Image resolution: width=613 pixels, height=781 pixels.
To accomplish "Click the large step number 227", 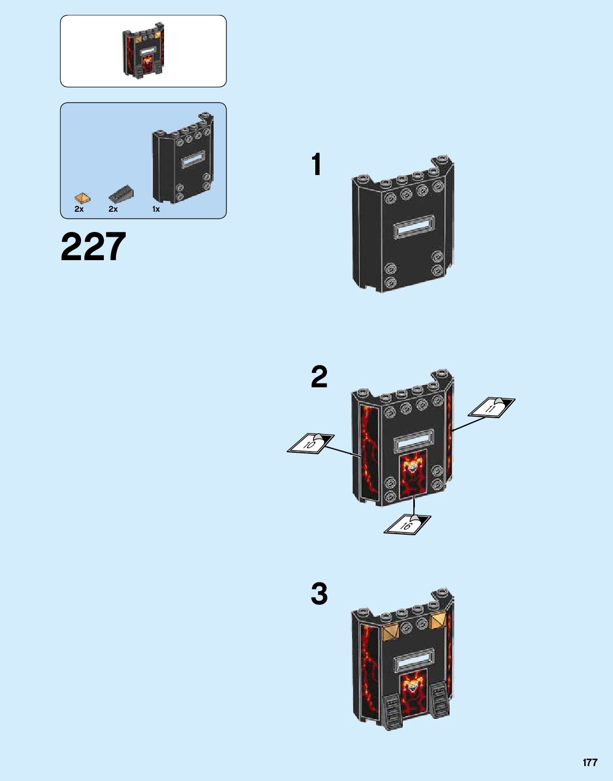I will (x=93, y=247).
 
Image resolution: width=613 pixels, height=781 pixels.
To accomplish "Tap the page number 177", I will (x=590, y=762).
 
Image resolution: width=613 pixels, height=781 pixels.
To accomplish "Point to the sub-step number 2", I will (x=319, y=377).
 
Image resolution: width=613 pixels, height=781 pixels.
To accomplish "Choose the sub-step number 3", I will (x=319, y=594).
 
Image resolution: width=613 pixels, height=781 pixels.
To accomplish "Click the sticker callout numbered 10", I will (x=310, y=443).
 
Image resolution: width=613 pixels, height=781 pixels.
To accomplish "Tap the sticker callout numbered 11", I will (x=491, y=408).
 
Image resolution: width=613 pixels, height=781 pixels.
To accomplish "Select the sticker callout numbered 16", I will (x=407, y=525).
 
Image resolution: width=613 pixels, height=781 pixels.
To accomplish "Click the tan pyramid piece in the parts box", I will (x=82, y=197).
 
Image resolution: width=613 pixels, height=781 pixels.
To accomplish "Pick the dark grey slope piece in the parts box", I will (x=121, y=195).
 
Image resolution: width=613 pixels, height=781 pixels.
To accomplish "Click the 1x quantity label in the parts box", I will (x=156, y=209).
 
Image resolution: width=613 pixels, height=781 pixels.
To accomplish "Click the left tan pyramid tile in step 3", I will (x=390, y=632).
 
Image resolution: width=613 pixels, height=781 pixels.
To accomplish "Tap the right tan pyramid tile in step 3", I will (x=438, y=619).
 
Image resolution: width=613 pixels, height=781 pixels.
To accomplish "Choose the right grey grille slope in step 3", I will (x=440, y=699).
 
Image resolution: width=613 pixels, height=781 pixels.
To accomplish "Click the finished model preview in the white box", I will (x=143, y=51).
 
